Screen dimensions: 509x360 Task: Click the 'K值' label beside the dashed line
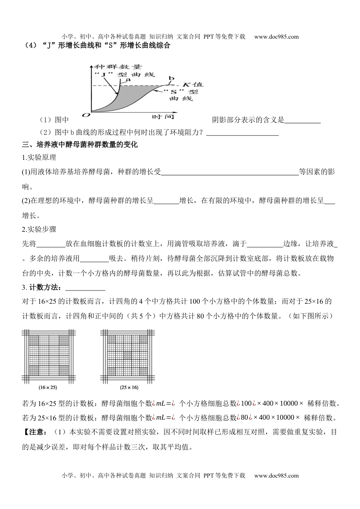tap(193, 84)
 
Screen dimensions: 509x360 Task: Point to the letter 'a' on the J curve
tap(128, 80)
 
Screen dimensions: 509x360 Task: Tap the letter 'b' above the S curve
tap(171, 79)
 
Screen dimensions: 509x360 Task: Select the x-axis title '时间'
tap(163, 117)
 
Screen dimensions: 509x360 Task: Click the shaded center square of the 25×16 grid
tap(127, 355)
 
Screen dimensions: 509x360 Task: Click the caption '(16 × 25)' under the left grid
tap(48, 387)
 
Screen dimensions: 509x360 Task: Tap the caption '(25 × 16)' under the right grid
tap(127, 387)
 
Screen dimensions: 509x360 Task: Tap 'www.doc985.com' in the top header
tap(276, 37)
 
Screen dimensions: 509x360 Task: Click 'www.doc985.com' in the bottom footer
tap(276, 476)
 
